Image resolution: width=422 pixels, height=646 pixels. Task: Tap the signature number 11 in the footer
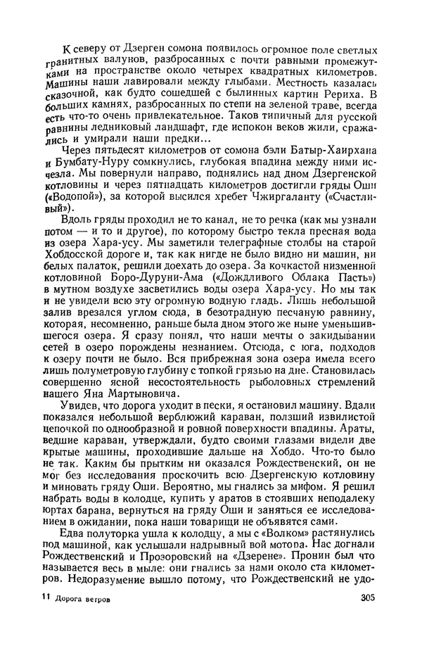pyautogui.click(x=45, y=618)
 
